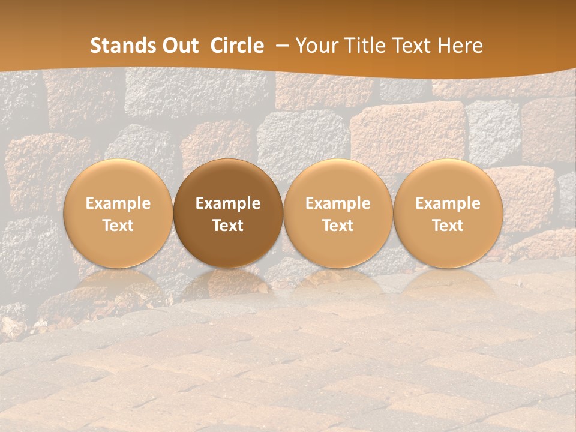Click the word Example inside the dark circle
pyautogui.click(x=228, y=203)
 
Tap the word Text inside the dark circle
pyautogui.click(x=228, y=226)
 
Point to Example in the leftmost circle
pyautogui.click(x=118, y=203)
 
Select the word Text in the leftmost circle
pyautogui.click(x=118, y=226)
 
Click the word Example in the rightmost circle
pyautogui.click(x=448, y=203)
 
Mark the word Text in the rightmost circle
pyautogui.click(x=448, y=226)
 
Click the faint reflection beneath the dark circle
pyautogui.click(x=228, y=282)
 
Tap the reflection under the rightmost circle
pyautogui.click(x=448, y=282)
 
